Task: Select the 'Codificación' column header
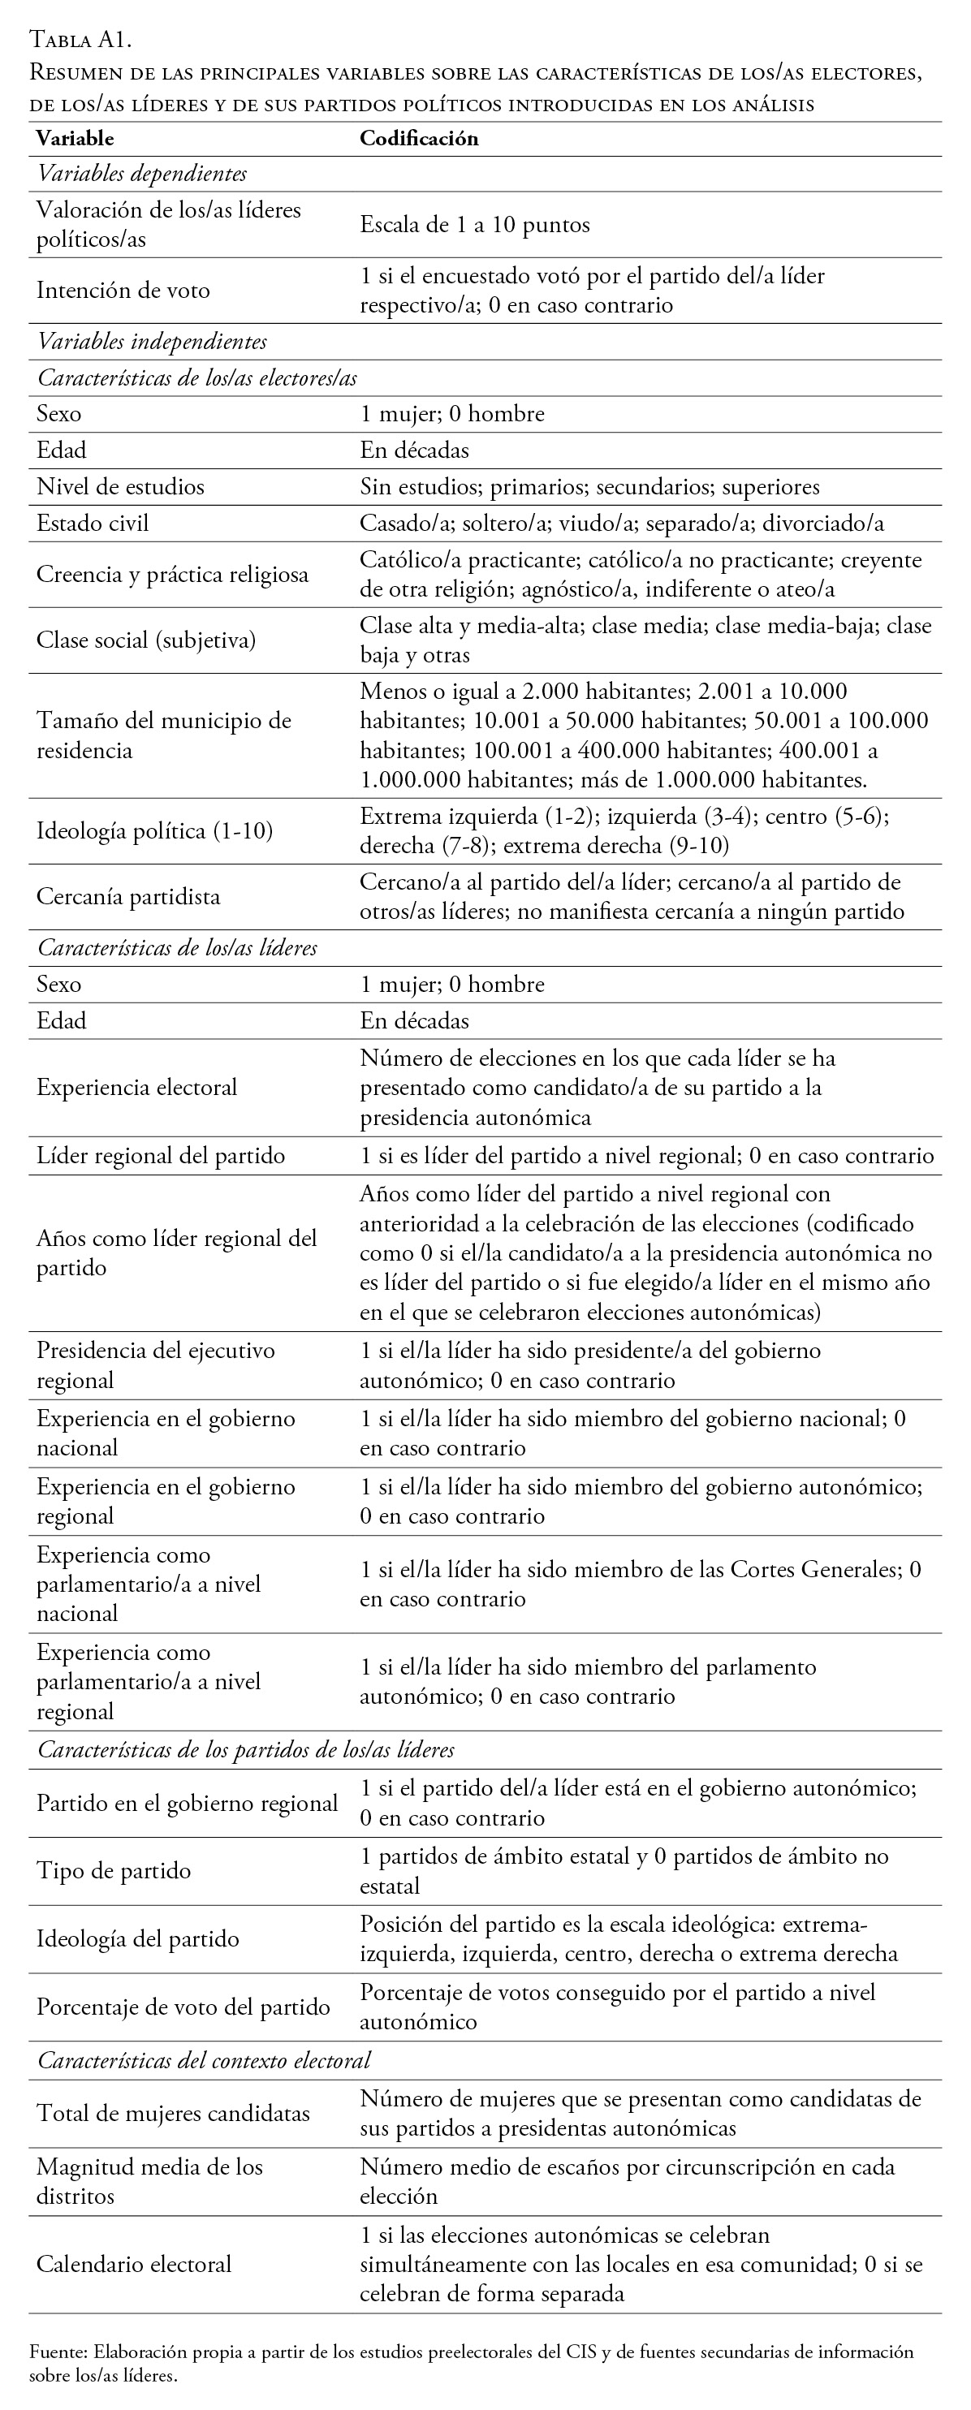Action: (x=419, y=139)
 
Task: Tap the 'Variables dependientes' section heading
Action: (x=142, y=174)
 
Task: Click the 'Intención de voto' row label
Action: (x=123, y=290)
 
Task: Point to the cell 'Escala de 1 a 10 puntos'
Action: (x=474, y=225)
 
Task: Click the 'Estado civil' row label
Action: (x=92, y=523)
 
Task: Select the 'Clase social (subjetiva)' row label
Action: (x=146, y=640)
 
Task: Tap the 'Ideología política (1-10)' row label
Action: (x=154, y=830)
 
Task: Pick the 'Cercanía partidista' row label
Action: (x=128, y=896)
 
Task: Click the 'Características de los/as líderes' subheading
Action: (x=177, y=948)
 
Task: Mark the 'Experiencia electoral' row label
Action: (x=136, y=1087)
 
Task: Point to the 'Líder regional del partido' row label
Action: (x=160, y=1155)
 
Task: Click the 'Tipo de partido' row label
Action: (x=113, y=1870)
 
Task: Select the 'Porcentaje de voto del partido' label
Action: (x=183, y=2007)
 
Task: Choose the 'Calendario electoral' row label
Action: (x=133, y=2264)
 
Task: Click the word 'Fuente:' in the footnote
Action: (x=58, y=2351)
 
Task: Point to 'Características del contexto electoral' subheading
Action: (x=204, y=2060)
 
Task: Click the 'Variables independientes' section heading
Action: (x=152, y=342)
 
